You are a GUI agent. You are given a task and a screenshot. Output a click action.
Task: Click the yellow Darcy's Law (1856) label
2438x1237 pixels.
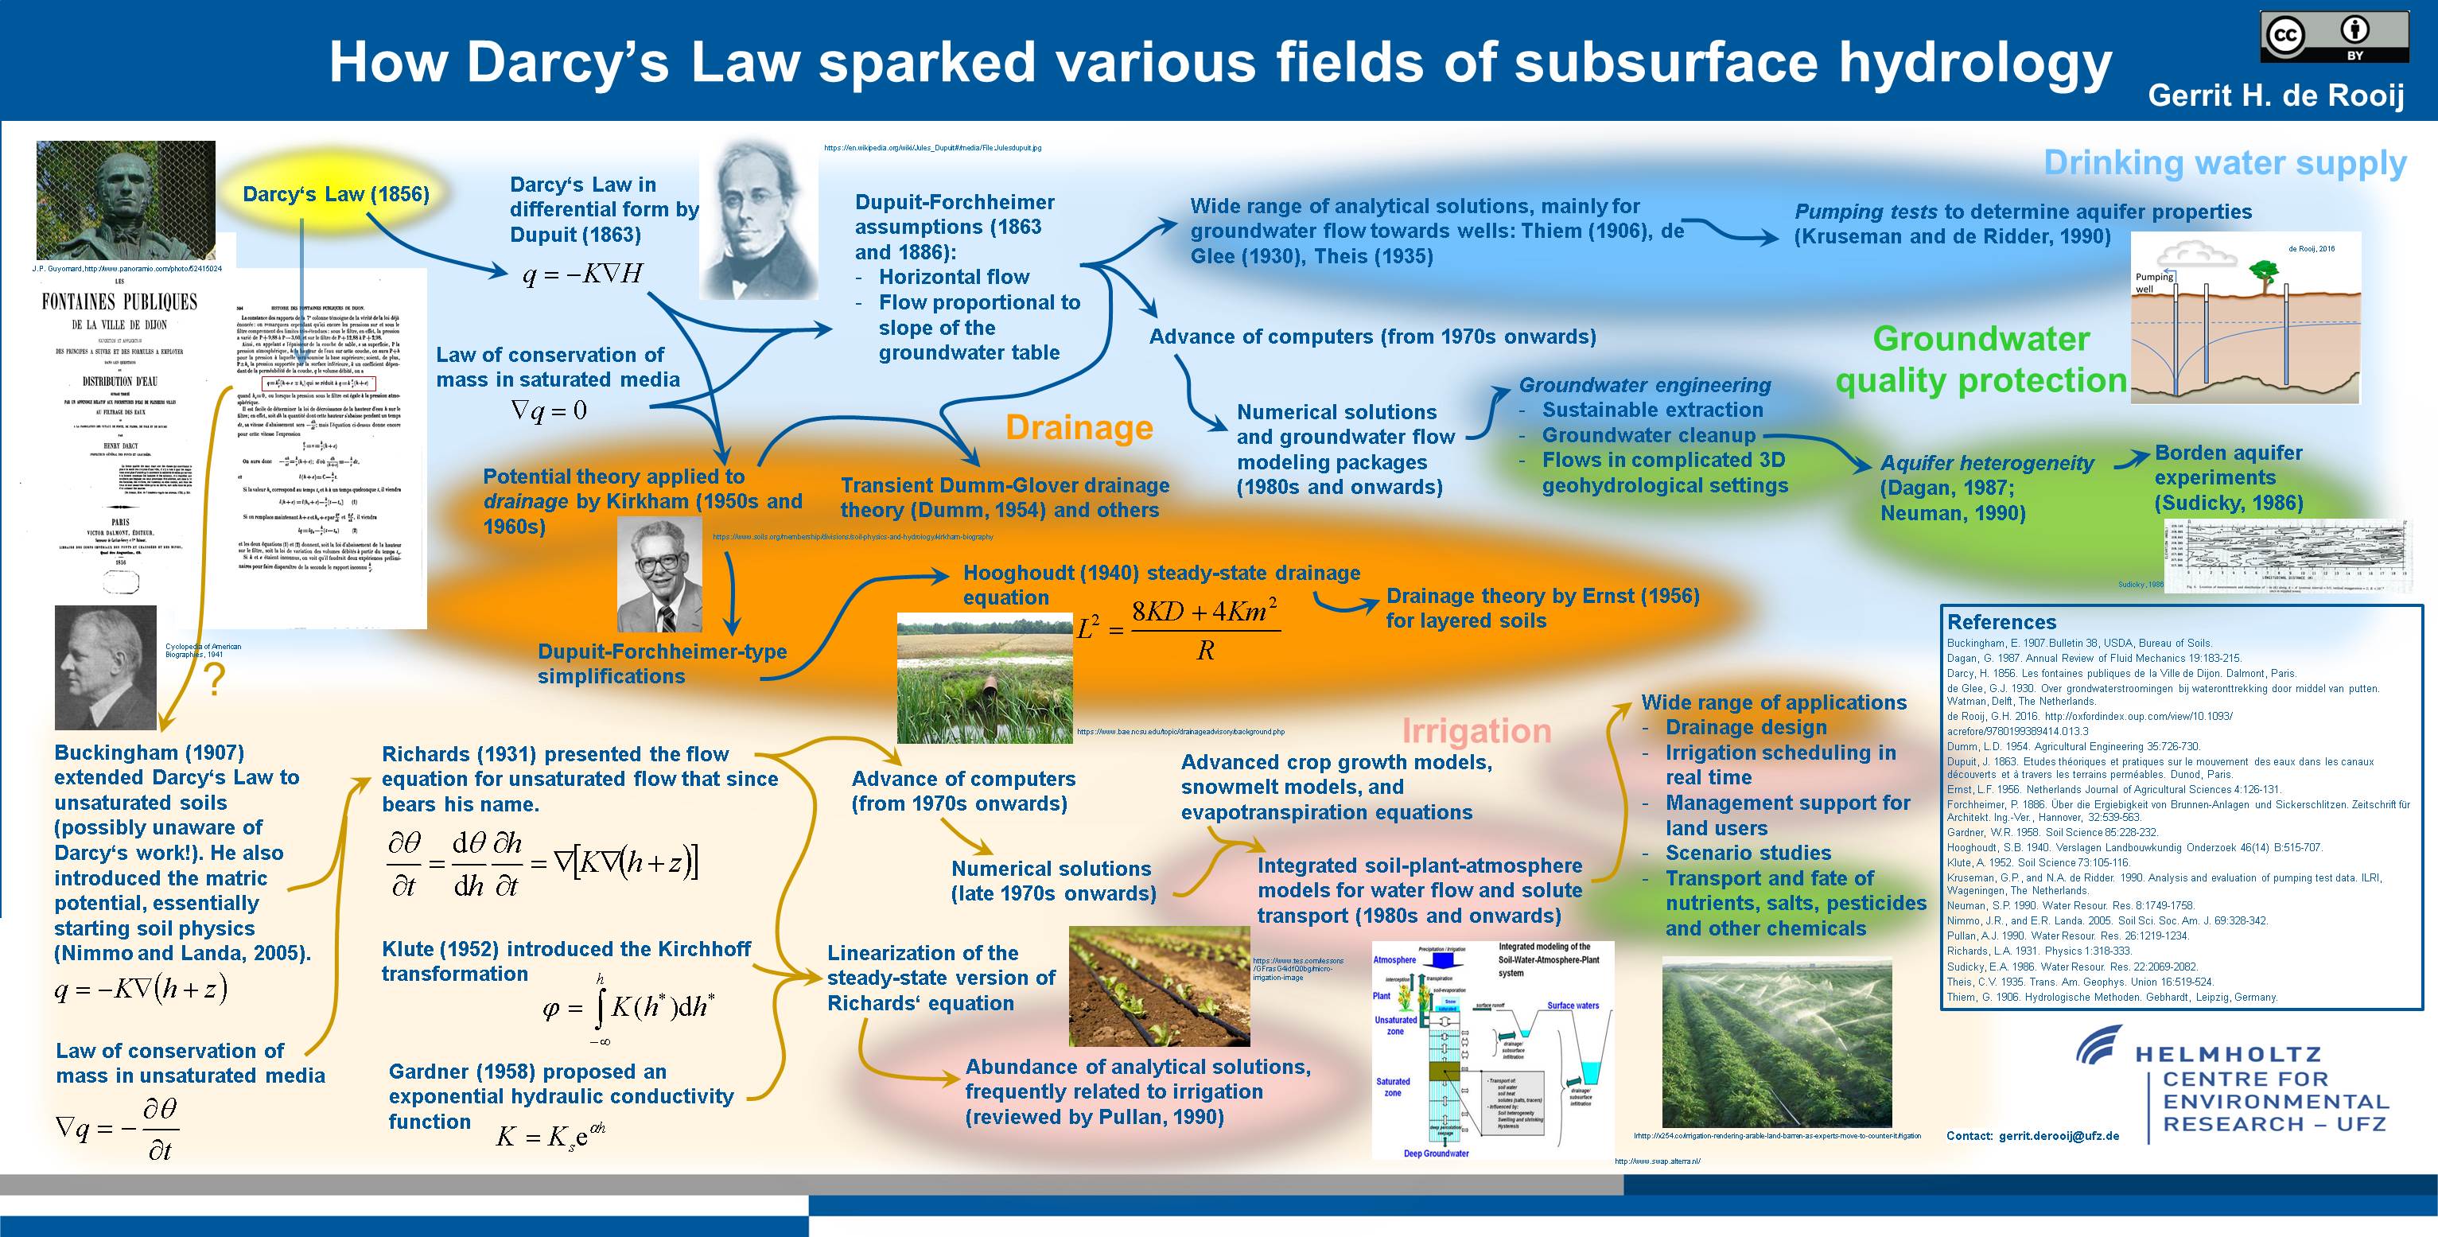(x=335, y=194)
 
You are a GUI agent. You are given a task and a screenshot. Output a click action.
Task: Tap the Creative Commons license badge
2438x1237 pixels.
(x=2334, y=37)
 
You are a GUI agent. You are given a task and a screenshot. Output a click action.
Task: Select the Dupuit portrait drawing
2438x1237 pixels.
(x=760, y=220)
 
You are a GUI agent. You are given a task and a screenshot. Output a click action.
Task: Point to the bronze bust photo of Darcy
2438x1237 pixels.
(x=125, y=200)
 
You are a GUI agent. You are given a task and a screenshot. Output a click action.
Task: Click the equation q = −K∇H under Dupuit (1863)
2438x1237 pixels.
(x=582, y=274)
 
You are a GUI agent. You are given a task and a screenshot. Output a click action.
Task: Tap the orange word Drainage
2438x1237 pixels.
(x=1078, y=428)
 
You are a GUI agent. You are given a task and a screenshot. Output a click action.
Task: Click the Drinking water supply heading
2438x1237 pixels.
(x=2224, y=163)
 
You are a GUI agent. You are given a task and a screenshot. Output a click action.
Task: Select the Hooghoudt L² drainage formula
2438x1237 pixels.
(x=1178, y=628)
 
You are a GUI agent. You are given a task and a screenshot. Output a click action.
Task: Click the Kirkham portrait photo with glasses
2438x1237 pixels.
(x=659, y=575)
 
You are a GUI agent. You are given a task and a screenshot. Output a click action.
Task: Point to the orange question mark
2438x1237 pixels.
(x=215, y=680)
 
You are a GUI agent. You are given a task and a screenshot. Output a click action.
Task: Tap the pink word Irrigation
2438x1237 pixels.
(x=1476, y=730)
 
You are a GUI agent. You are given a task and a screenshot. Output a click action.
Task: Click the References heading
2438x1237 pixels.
(x=2001, y=622)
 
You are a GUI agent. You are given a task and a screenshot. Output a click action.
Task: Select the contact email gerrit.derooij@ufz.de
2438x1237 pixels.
(x=2059, y=1136)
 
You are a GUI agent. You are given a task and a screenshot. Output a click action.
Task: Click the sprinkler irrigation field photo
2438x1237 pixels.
(x=1776, y=1041)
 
